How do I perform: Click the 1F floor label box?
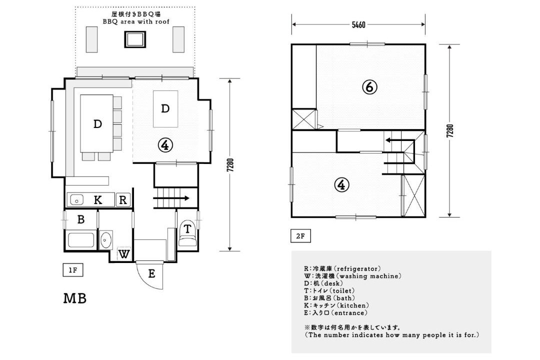(x=73, y=270)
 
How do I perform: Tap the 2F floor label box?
(x=300, y=236)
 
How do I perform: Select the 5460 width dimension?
(x=358, y=25)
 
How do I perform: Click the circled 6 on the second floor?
(x=369, y=87)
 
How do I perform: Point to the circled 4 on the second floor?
(x=341, y=185)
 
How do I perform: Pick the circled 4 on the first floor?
(x=165, y=145)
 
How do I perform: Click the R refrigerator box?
(x=123, y=200)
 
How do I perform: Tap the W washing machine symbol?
(x=124, y=254)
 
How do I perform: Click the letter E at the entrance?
(x=151, y=274)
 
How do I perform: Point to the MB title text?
(x=74, y=298)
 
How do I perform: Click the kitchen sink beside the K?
(x=77, y=200)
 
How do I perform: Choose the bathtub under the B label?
(x=81, y=240)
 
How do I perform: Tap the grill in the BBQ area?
(x=135, y=39)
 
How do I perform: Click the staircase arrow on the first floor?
(x=171, y=198)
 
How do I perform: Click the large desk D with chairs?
(x=97, y=123)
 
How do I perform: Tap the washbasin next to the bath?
(x=105, y=239)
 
